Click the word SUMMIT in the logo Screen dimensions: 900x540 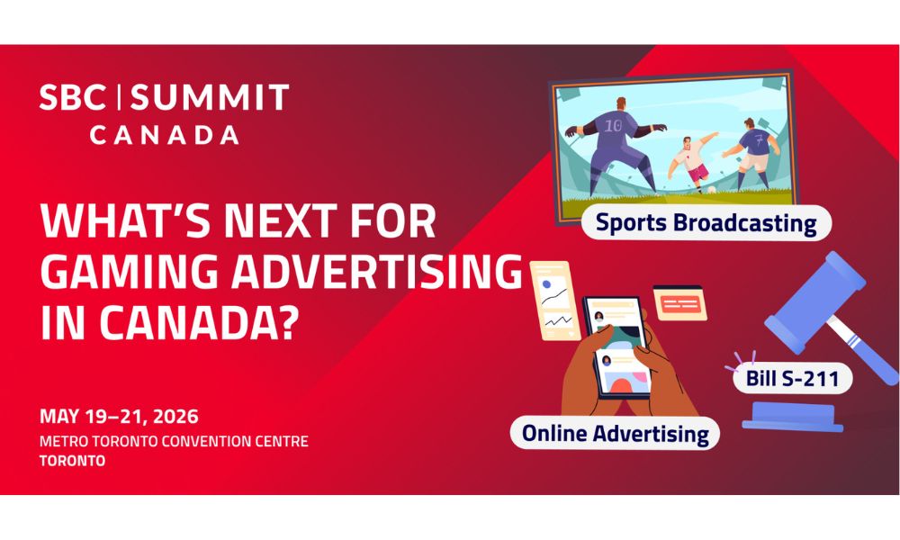(210, 97)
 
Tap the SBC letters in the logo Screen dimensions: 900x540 (73, 97)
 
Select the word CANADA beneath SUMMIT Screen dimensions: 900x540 (164, 135)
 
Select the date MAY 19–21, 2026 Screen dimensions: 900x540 (119, 416)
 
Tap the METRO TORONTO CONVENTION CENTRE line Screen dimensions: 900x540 (174, 441)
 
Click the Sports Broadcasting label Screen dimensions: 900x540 (706, 222)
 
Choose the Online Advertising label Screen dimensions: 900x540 (616, 433)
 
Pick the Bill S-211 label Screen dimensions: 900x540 (792, 378)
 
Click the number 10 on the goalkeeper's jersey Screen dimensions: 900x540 (613, 125)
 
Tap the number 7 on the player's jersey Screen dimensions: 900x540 (759, 139)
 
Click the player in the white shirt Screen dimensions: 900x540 (691, 161)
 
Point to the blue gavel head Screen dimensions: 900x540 (815, 302)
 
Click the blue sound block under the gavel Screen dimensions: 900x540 (793, 417)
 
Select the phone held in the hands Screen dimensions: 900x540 (616, 346)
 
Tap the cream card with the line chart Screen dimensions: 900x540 (553, 300)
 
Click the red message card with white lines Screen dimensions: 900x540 (679, 303)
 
